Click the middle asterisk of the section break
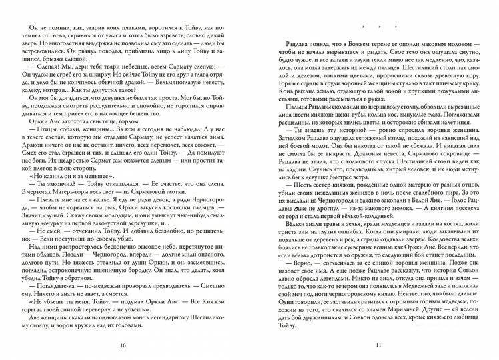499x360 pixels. pos(378,27)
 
